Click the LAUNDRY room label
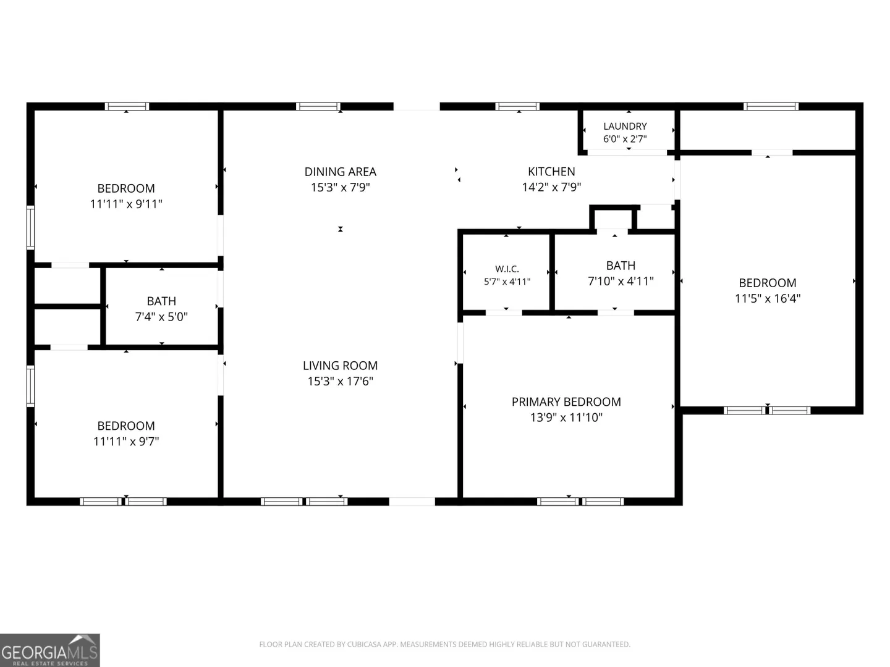pos(625,127)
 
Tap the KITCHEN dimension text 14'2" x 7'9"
pos(551,187)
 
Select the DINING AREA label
pos(340,172)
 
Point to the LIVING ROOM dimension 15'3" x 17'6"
pos(340,381)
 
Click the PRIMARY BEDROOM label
pos(566,401)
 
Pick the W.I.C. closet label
pos(507,269)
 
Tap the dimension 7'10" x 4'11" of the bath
pos(621,281)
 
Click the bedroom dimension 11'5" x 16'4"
pos(768,298)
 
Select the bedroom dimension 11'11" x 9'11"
pos(126,204)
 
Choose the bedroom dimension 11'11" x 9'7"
pos(126,441)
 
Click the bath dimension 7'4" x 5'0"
pos(161,316)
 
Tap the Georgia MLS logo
pos(50,650)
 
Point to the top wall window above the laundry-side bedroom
pos(771,106)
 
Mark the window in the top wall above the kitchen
pos(517,106)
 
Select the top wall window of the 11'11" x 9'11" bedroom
pos(127,106)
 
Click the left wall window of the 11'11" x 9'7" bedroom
pos(30,386)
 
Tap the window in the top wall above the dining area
pos(318,106)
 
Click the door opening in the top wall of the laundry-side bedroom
pos(772,153)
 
